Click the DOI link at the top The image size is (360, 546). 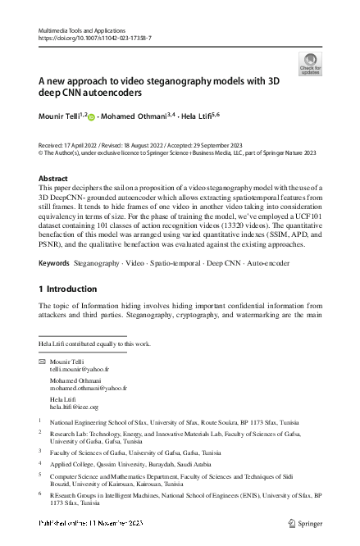(94, 38)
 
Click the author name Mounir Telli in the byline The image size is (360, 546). (59, 118)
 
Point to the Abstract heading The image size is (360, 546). (54, 178)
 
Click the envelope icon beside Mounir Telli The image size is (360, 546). (43, 362)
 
